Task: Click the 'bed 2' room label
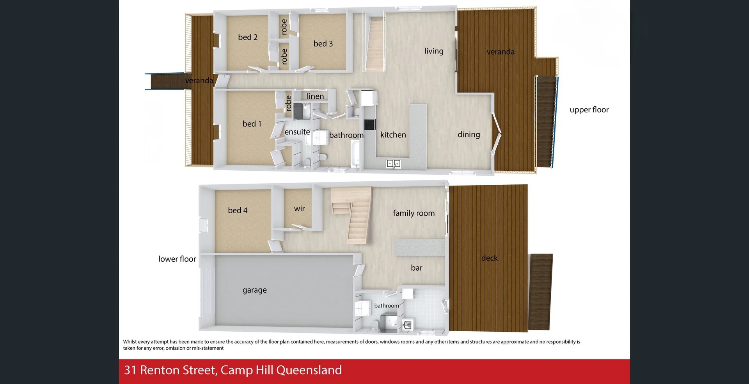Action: [x=248, y=38]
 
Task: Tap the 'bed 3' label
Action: [x=323, y=44]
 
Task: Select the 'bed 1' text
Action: [x=252, y=124]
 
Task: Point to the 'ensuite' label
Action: [x=297, y=132]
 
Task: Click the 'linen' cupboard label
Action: [x=315, y=96]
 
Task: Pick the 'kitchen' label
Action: [x=393, y=135]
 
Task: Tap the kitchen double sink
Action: [x=393, y=164]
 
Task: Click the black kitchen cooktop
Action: [x=369, y=125]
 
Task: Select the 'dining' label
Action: [x=469, y=135]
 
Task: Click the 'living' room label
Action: [x=434, y=51]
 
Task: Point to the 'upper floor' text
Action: [x=589, y=110]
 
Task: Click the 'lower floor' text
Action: [x=177, y=259]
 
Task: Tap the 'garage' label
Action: [x=254, y=290]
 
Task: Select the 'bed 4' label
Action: [x=238, y=211]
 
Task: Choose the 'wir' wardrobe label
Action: [x=299, y=209]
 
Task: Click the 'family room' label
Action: [x=414, y=213]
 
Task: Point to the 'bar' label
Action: [x=416, y=268]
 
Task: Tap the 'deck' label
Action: [x=489, y=258]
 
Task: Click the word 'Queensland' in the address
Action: [x=309, y=370]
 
